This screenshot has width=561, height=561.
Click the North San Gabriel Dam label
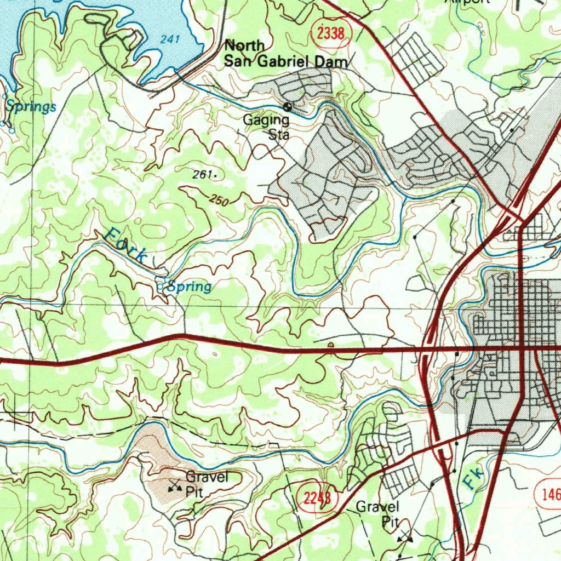tap(285, 54)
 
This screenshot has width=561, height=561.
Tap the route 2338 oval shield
tap(330, 34)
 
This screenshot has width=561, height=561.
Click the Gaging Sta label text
tap(267, 127)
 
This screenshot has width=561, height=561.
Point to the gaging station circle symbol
tap(287, 107)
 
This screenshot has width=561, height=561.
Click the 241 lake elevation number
tap(170, 39)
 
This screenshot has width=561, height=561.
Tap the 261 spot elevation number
tap(202, 175)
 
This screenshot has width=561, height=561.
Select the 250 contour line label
tap(219, 201)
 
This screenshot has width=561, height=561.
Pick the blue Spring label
tap(189, 287)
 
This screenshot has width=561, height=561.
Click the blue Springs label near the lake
tap(31, 107)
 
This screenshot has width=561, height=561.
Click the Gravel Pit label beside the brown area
tap(206, 484)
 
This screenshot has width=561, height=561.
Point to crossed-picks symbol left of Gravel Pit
tap(175, 484)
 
